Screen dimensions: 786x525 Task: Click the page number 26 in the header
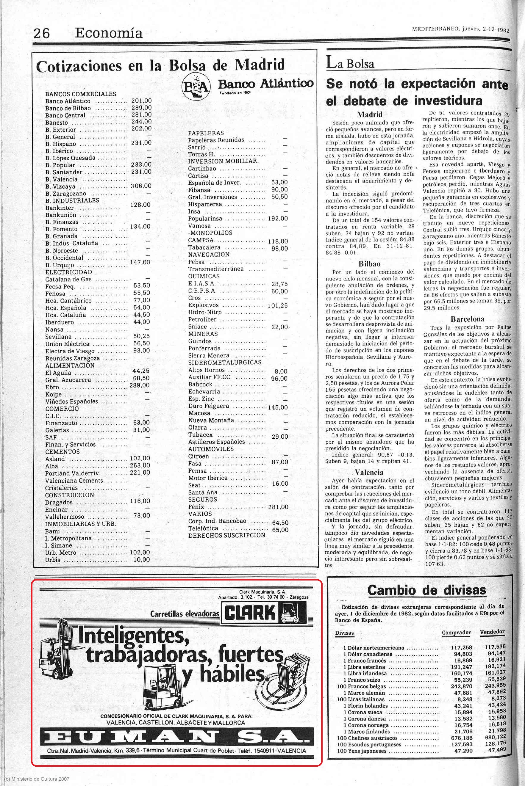pos(42,33)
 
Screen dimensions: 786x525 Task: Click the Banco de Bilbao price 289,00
pos(141,108)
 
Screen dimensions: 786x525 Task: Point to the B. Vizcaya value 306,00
pos(141,186)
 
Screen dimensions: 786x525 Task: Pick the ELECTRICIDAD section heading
pos(69,272)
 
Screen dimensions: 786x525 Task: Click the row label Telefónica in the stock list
pos(203,528)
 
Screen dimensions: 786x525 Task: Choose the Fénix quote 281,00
pos(278,507)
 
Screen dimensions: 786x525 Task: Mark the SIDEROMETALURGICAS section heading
pos(225,363)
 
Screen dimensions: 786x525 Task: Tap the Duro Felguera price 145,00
pos(278,407)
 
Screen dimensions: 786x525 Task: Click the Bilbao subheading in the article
pos(370,264)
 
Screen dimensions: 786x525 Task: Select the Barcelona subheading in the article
pos(467,319)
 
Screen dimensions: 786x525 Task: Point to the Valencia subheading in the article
pos(369,472)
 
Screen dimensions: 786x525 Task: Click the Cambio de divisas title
pos(426,590)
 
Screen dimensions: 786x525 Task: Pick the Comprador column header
pos(456,633)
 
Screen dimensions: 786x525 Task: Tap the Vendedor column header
pos(492,632)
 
